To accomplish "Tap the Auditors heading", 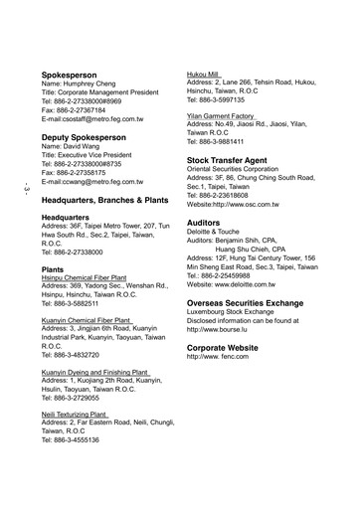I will click(x=210, y=224).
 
